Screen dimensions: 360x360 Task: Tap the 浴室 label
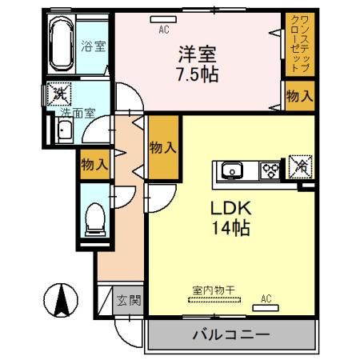click(x=93, y=46)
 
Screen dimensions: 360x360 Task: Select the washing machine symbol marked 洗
click(x=58, y=94)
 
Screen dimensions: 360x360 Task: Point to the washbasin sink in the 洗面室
click(x=66, y=133)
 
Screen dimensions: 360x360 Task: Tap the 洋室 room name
click(x=197, y=55)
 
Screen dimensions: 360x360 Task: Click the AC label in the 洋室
click(x=165, y=30)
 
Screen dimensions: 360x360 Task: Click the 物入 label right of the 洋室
click(x=298, y=96)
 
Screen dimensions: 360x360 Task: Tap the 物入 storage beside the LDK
click(x=163, y=149)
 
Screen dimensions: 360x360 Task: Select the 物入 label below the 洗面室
click(x=93, y=166)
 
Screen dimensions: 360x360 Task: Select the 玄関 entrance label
click(x=128, y=301)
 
